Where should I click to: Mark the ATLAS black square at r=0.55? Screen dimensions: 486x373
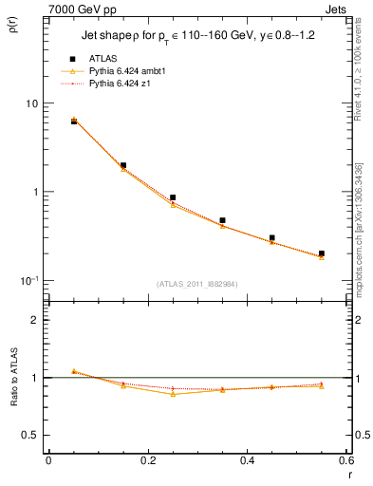pyautogui.click(x=322, y=253)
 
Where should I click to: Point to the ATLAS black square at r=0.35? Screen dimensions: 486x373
pyautogui.click(x=222, y=220)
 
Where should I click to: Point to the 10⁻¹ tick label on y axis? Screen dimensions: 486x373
pyautogui.click(x=28, y=280)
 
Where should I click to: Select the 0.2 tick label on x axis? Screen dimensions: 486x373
pyautogui.click(x=148, y=460)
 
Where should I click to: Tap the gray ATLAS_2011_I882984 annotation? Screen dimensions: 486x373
pyautogui.click(x=197, y=284)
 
